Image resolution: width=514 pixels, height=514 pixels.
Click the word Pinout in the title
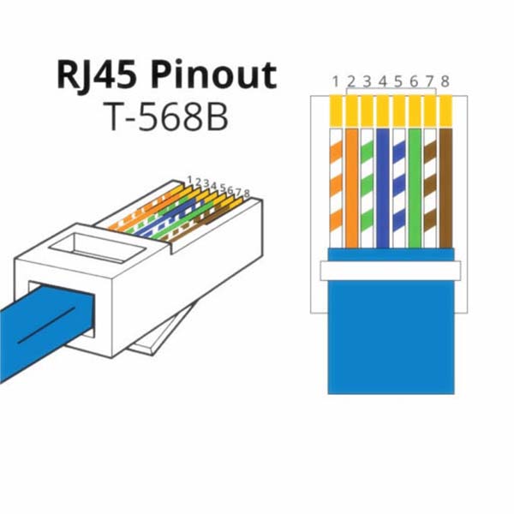click(x=214, y=76)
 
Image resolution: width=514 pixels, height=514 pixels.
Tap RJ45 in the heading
click(x=98, y=76)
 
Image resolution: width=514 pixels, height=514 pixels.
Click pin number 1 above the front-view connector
click(x=335, y=81)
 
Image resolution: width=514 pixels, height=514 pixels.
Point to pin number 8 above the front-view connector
click(x=445, y=81)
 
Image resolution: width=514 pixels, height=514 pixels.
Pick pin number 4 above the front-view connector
click(x=383, y=81)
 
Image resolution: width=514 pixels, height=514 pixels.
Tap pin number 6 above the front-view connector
click(x=414, y=81)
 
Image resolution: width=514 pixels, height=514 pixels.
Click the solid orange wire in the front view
click(x=351, y=188)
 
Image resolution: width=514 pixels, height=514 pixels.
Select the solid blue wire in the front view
click(x=383, y=188)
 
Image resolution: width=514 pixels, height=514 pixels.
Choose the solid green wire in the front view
click(x=415, y=188)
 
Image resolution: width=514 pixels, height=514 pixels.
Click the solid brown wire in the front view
click(x=445, y=188)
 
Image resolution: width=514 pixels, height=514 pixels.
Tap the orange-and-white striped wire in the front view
click(x=336, y=188)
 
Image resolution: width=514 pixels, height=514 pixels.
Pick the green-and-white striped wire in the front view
click(x=368, y=188)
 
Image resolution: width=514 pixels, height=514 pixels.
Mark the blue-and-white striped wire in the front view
click(x=398, y=188)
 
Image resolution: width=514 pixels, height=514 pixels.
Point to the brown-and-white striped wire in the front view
click(x=430, y=188)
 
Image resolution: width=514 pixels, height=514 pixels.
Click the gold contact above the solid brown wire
click(x=445, y=111)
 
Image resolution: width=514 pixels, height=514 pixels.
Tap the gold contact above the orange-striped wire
click(x=336, y=111)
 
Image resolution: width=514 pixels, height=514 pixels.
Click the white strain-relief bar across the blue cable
click(x=391, y=271)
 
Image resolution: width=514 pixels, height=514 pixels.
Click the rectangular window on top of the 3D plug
click(x=98, y=247)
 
